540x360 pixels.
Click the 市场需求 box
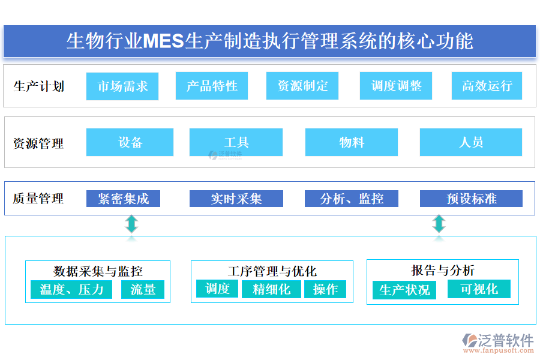point(122,86)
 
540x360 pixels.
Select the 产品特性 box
point(212,86)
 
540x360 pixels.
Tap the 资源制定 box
point(302,86)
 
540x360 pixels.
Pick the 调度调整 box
point(396,86)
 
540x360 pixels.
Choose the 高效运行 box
point(487,86)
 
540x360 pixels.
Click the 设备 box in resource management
point(130,142)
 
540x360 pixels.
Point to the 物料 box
point(351,142)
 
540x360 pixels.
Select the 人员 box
point(470,142)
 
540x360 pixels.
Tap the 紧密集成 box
point(123,199)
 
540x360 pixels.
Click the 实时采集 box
point(236,199)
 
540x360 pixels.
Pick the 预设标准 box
point(471,199)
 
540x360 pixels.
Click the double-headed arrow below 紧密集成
point(131,224)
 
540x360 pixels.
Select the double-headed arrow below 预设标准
point(439,224)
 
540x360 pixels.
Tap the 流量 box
point(143,290)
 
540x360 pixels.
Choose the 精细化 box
point(271,289)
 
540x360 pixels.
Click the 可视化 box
point(479,289)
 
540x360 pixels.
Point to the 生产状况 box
point(404,290)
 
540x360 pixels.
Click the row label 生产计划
point(38,86)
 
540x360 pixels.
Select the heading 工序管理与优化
point(272,271)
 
